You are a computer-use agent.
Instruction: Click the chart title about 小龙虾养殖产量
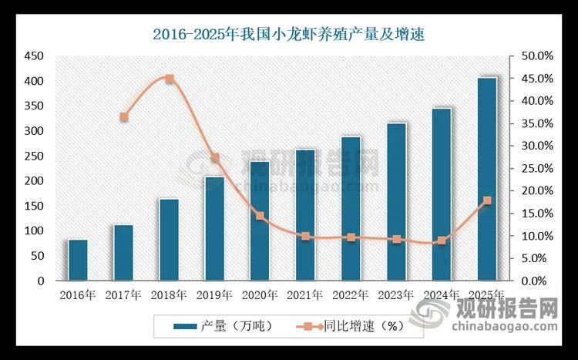pyautogui.click(x=289, y=35)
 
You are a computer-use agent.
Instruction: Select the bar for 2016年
pyautogui.click(x=78, y=261)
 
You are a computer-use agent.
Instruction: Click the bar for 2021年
pyautogui.click(x=305, y=215)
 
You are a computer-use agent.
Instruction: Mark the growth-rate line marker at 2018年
pyautogui.click(x=170, y=79)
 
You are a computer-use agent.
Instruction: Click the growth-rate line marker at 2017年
pyautogui.click(x=124, y=117)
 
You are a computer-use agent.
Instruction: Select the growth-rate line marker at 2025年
pyautogui.click(x=487, y=200)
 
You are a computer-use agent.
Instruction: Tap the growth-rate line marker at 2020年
pyautogui.click(x=260, y=216)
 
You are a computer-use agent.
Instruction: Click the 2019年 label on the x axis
pyautogui.click(x=214, y=295)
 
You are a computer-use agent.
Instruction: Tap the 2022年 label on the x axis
pyautogui.click(x=351, y=295)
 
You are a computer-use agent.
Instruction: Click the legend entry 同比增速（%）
pyautogui.click(x=351, y=326)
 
